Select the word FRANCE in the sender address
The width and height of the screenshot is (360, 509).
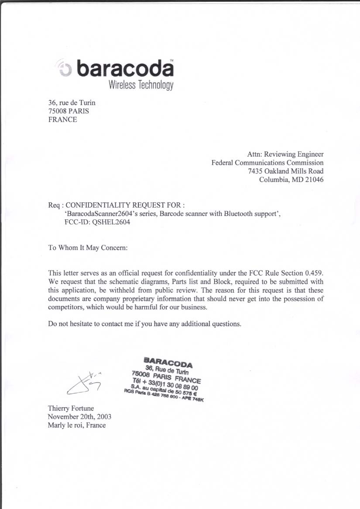click(x=62, y=120)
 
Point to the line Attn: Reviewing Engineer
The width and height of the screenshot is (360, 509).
click(x=285, y=154)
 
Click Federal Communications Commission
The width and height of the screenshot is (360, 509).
click(x=267, y=163)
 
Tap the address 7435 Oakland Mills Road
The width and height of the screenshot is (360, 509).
click(x=286, y=171)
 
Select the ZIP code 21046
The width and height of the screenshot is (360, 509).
click(x=314, y=179)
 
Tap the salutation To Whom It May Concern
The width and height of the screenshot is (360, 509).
click(x=88, y=248)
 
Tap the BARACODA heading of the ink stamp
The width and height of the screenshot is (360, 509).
click(x=168, y=362)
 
